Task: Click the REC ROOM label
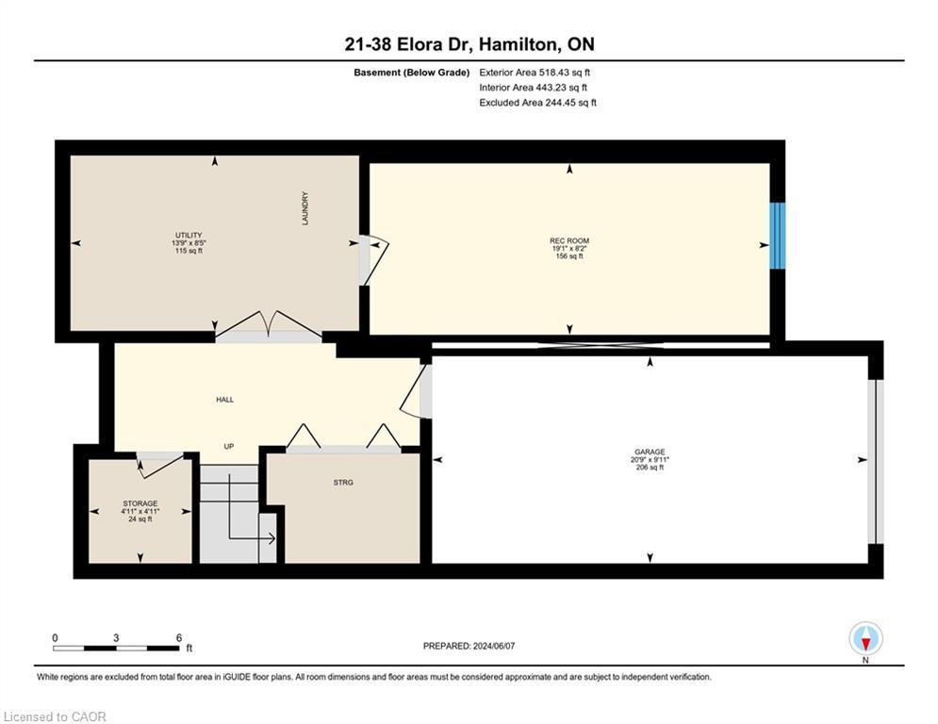coord(569,240)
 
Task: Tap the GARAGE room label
coord(650,452)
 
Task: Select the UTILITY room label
coord(189,235)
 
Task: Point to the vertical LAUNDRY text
coord(305,208)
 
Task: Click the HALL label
coord(225,400)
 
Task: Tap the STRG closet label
coord(343,483)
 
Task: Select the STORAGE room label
coord(140,503)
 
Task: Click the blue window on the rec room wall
coord(777,236)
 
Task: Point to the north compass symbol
coord(865,639)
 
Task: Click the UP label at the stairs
coord(228,446)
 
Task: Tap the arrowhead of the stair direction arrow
coord(272,538)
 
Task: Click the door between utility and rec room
coord(374,260)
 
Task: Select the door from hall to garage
coord(416,391)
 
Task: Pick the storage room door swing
coord(160,465)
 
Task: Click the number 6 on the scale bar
coord(179,638)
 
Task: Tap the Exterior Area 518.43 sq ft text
coord(535,73)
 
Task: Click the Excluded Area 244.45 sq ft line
coord(537,103)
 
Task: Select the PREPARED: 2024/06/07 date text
coord(469,646)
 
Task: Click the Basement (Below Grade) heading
coord(412,73)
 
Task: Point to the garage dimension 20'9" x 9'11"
coord(650,459)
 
